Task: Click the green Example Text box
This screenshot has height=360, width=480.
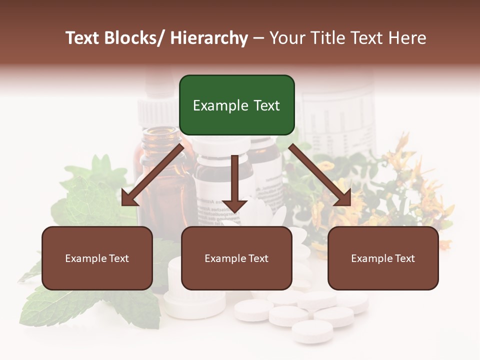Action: coord(236,105)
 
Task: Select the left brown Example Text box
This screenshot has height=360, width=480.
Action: coord(97,258)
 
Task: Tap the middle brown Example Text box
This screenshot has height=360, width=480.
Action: coord(236,258)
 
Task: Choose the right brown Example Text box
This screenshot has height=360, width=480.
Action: coord(383,258)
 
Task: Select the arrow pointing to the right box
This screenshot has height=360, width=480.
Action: coord(320,175)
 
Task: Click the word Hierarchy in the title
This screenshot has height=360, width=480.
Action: coord(209,38)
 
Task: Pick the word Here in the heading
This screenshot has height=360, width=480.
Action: coord(408,38)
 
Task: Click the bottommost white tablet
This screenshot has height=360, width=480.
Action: coord(312,331)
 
